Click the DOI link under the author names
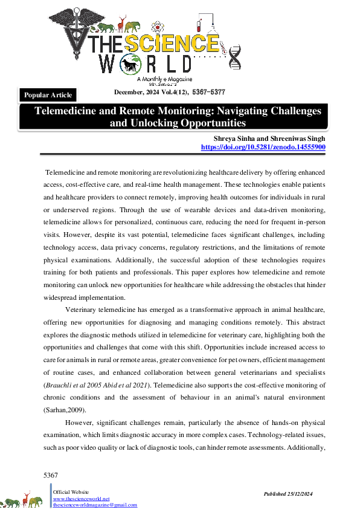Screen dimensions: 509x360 coord(263,147)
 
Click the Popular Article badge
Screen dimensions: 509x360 coord(48,95)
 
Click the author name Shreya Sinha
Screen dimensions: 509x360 coord(228,138)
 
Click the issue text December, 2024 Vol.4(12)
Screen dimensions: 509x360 coord(150,92)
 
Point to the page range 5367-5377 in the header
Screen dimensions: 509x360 coord(208,92)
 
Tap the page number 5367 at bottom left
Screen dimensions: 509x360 coord(51,476)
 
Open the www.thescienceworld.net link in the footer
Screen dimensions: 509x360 coord(81,499)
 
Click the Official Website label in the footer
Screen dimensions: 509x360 coord(71,493)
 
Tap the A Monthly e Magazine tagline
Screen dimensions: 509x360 coord(165,79)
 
